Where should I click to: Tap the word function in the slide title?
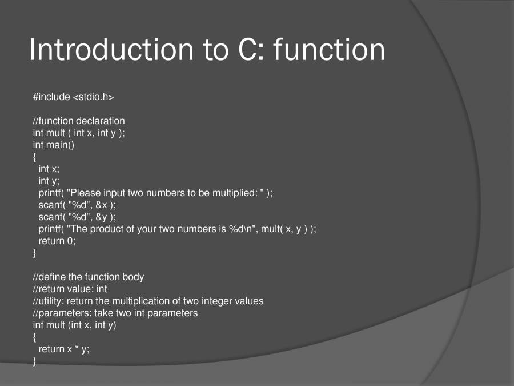click(x=329, y=50)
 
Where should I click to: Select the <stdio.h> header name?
click(x=93, y=97)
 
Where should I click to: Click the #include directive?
click(x=51, y=97)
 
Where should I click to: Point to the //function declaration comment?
click(x=79, y=121)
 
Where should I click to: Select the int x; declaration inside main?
click(x=49, y=169)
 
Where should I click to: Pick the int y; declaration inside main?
click(x=49, y=181)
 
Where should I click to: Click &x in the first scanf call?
click(x=102, y=205)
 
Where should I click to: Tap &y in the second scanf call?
click(x=102, y=217)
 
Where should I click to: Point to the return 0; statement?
click(x=57, y=241)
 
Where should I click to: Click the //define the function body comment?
click(x=89, y=277)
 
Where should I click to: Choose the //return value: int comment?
click(x=70, y=289)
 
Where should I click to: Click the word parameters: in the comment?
click(x=62, y=313)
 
